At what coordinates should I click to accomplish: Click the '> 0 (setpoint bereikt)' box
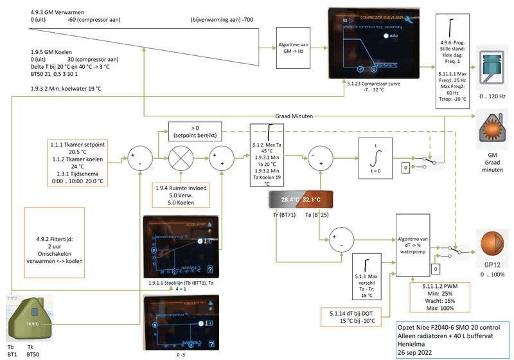click(x=195, y=131)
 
